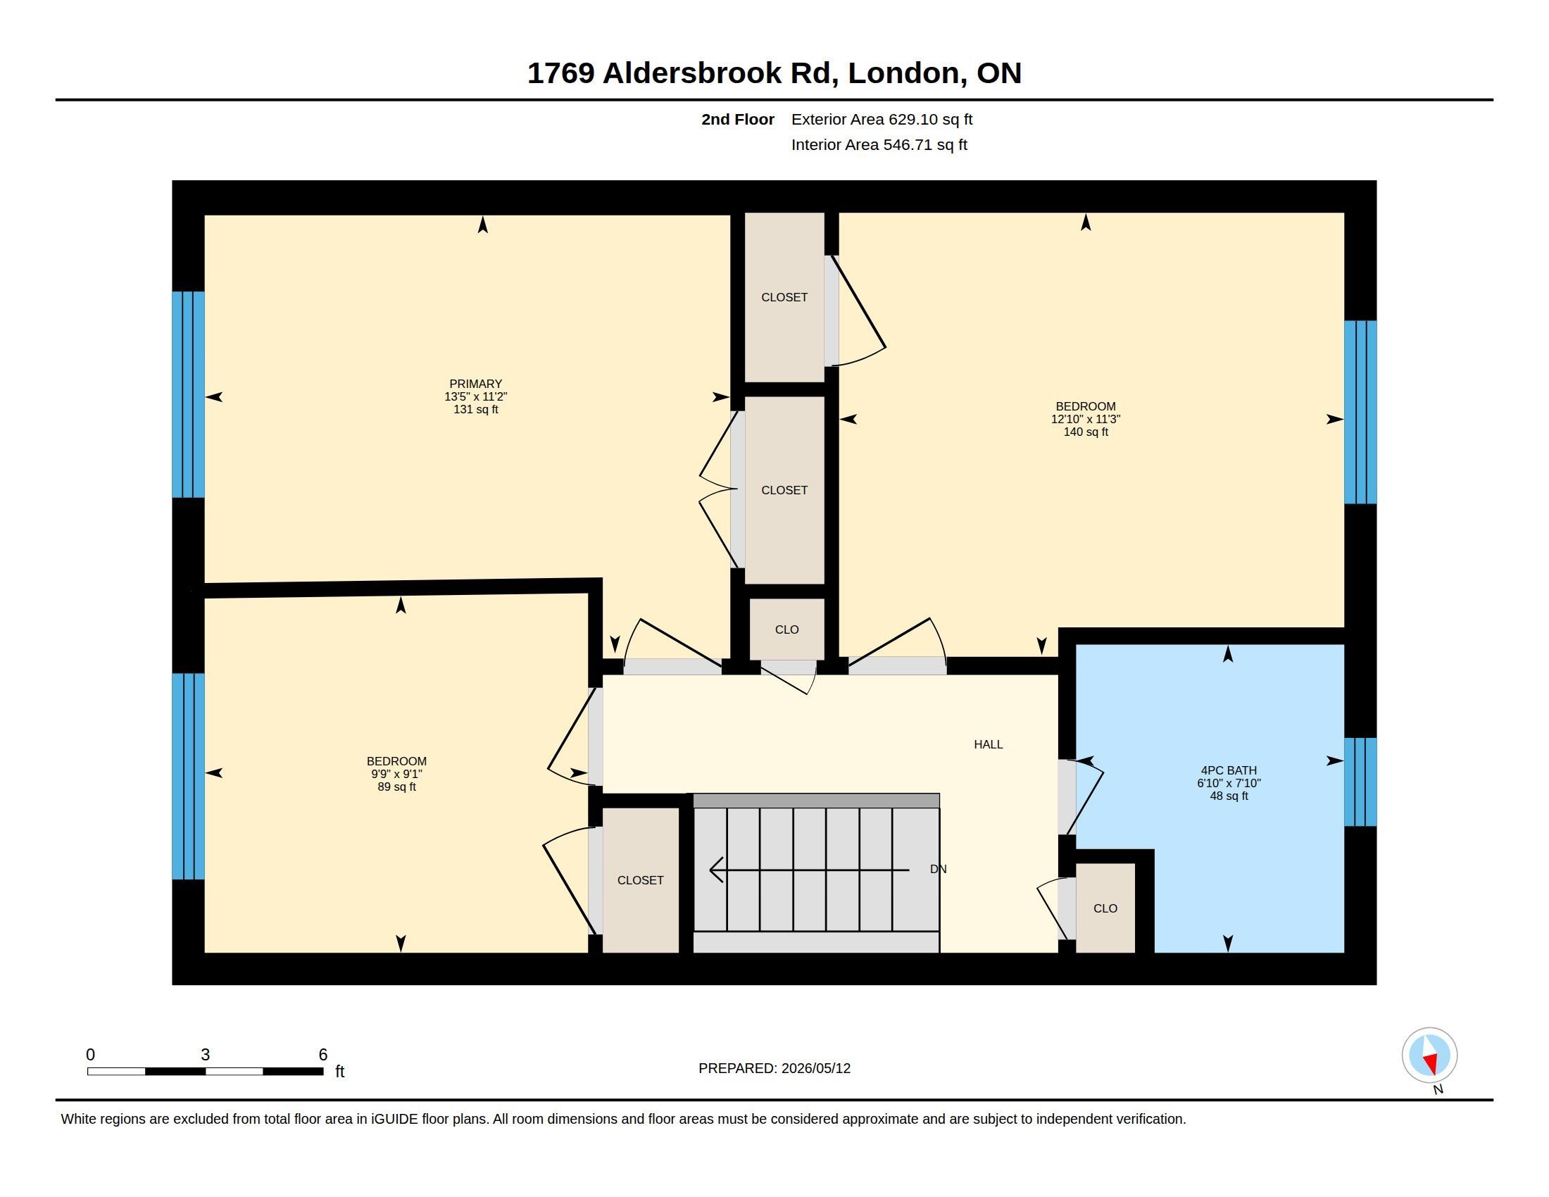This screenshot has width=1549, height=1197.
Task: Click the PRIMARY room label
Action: point(475,384)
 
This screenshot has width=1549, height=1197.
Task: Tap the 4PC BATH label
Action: point(1229,770)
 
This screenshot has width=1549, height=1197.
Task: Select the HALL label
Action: point(988,744)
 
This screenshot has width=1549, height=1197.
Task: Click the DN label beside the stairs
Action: point(938,869)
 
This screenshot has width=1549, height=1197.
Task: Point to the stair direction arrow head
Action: point(716,870)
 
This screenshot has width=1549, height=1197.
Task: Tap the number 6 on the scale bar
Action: point(322,1055)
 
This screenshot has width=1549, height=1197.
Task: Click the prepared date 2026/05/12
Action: point(815,1068)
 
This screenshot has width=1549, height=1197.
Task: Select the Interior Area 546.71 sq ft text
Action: point(879,144)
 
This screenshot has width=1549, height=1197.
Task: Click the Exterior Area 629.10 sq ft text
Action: point(882,119)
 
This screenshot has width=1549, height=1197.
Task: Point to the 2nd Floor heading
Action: point(738,119)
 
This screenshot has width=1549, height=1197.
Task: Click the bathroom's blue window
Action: point(1360,782)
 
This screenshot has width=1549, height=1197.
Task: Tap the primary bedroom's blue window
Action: point(188,394)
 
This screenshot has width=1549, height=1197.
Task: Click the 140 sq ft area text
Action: point(1085,432)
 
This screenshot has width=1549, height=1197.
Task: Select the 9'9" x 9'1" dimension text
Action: point(396,775)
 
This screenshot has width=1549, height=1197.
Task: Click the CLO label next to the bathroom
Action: point(1105,908)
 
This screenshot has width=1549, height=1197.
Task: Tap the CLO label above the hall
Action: point(786,629)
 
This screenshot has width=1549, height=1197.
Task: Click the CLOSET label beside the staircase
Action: point(641,880)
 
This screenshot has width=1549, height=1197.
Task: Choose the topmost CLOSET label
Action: point(784,297)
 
